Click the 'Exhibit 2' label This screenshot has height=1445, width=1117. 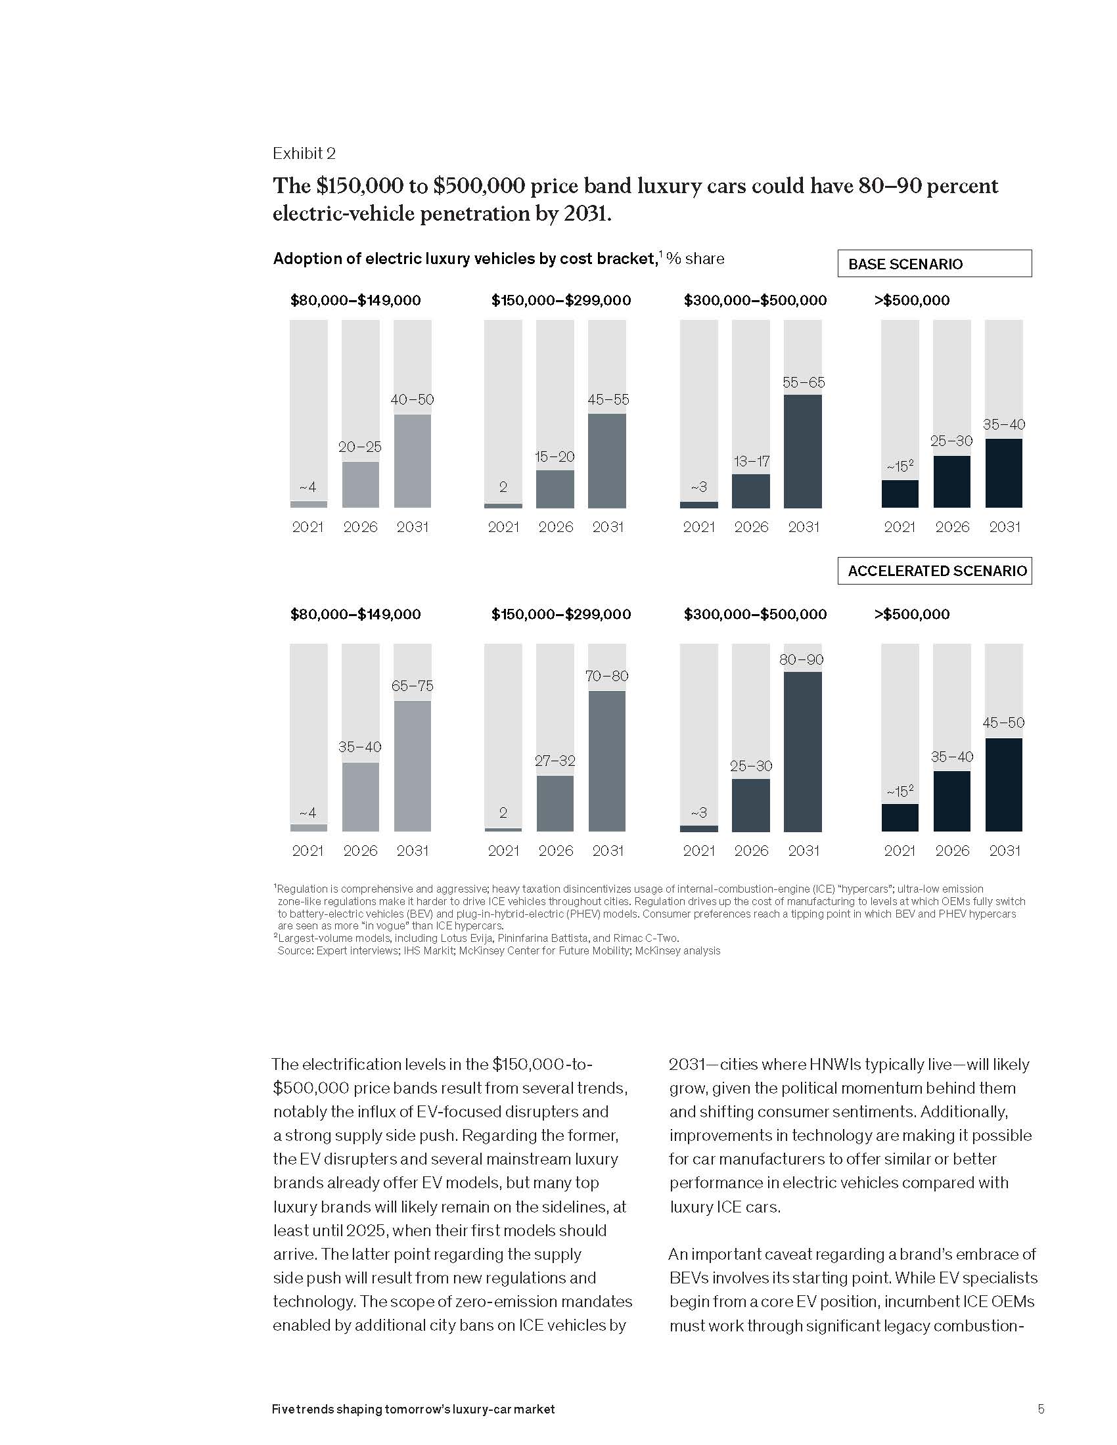[x=304, y=154]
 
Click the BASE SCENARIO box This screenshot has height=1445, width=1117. [x=934, y=263]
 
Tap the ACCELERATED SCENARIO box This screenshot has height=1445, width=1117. [x=934, y=570]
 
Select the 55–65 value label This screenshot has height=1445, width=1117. [x=804, y=382]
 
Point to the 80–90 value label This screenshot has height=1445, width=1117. [x=802, y=659]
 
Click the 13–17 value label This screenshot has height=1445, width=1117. [x=751, y=461]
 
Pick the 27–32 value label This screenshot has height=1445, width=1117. [x=555, y=761]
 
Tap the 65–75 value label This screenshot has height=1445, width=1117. [x=412, y=686]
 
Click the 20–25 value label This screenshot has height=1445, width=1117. [x=360, y=447]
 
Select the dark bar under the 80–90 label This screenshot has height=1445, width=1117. [x=803, y=751]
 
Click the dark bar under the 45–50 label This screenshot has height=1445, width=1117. [x=1003, y=784]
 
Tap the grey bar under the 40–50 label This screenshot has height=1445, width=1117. [x=412, y=460]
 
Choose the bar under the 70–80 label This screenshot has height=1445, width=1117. [x=607, y=761]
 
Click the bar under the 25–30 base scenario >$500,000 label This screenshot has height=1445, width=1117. [x=951, y=481]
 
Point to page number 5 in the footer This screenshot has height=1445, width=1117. [x=1041, y=1409]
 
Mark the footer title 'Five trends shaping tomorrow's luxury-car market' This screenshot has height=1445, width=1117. [x=413, y=1410]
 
